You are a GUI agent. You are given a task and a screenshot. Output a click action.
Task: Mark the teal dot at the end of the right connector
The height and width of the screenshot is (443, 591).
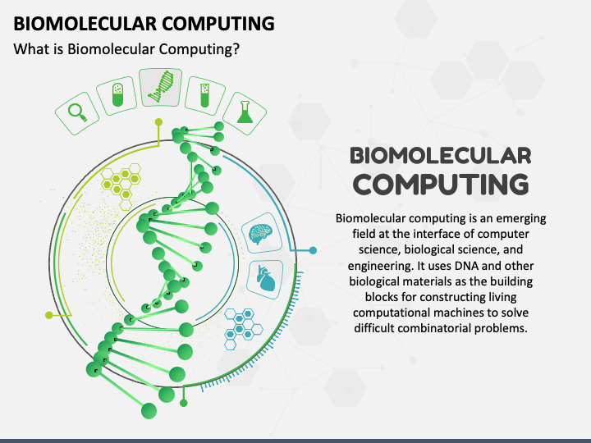[312, 249]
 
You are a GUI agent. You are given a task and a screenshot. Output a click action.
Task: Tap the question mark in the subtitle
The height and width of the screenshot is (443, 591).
[236, 49]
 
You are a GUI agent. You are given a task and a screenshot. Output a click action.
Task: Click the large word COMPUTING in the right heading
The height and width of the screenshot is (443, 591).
[440, 183]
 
